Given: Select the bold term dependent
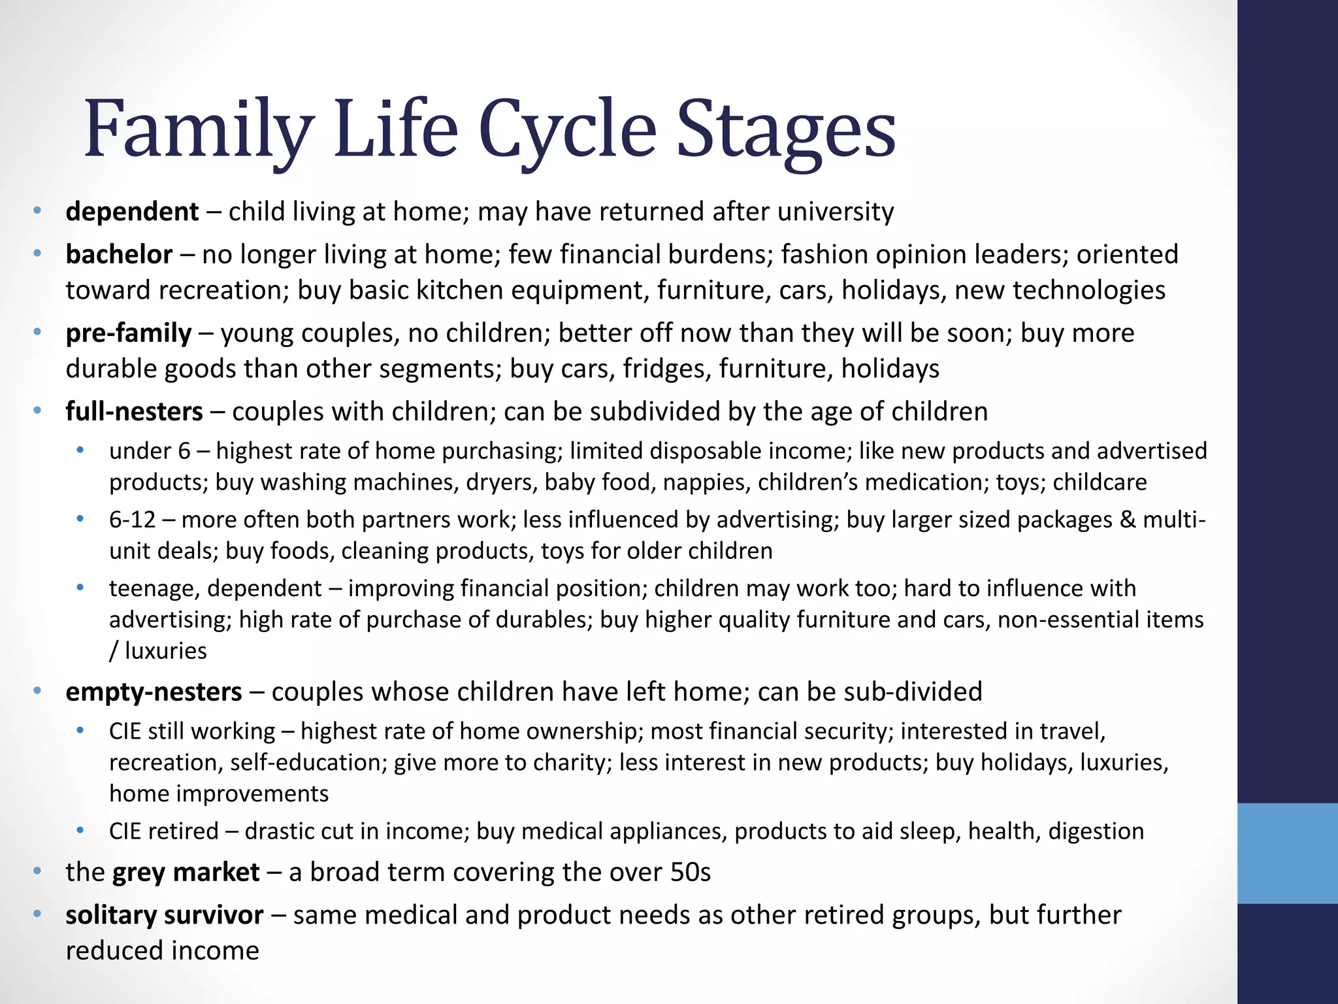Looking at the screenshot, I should coord(132,212).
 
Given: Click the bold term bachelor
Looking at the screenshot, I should coord(119,254).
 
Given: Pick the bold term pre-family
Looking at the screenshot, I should coord(129,333).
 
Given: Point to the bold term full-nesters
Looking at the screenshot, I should coord(134,412).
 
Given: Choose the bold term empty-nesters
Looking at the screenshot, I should coord(154,692).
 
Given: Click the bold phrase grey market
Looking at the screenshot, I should coord(186,873).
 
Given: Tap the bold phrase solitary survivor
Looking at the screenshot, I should coord(164,915).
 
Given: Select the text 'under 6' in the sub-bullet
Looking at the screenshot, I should coord(150,451).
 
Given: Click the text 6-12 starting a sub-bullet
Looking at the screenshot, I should coord(132,520).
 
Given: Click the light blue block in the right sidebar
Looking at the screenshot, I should coord(1287,853).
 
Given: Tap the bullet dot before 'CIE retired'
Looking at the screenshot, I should coord(80,830).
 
